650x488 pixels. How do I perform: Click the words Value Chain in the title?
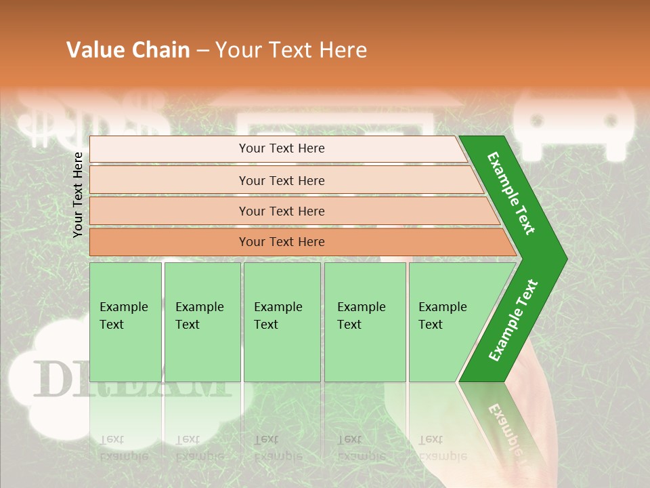pyautogui.click(x=128, y=50)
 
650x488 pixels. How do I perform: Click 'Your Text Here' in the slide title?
pyautogui.click(x=291, y=50)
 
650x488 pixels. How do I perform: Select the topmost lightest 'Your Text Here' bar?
pyautogui.click(x=281, y=148)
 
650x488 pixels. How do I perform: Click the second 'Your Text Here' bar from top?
pyautogui.click(x=281, y=180)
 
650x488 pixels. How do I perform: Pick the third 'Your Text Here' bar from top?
pyautogui.click(x=281, y=211)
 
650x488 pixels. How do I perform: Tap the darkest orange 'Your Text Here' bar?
pyautogui.click(x=281, y=242)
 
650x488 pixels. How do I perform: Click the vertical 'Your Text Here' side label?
pyautogui.click(x=78, y=195)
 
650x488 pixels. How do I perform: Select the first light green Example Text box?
pyautogui.click(x=125, y=322)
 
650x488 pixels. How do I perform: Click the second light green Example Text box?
pyautogui.click(x=202, y=322)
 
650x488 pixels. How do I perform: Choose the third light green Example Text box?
pyautogui.click(x=282, y=322)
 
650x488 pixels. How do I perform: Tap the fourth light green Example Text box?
pyautogui.click(x=364, y=322)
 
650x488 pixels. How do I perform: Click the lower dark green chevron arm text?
pyautogui.click(x=513, y=321)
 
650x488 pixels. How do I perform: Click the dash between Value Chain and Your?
pyautogui.click(x=202, y=51)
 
